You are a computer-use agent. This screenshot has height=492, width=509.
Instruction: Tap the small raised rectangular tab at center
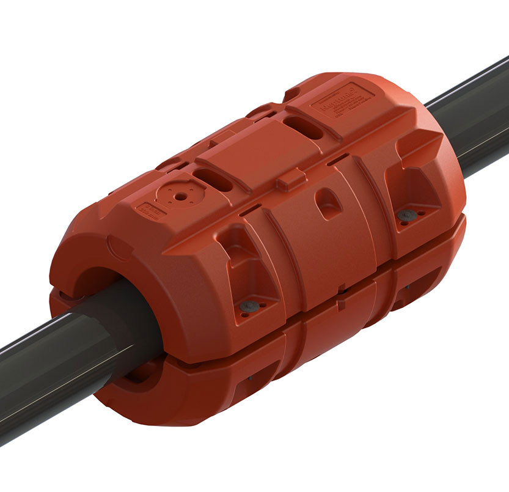289,182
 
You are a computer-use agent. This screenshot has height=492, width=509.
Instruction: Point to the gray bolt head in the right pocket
405,215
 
